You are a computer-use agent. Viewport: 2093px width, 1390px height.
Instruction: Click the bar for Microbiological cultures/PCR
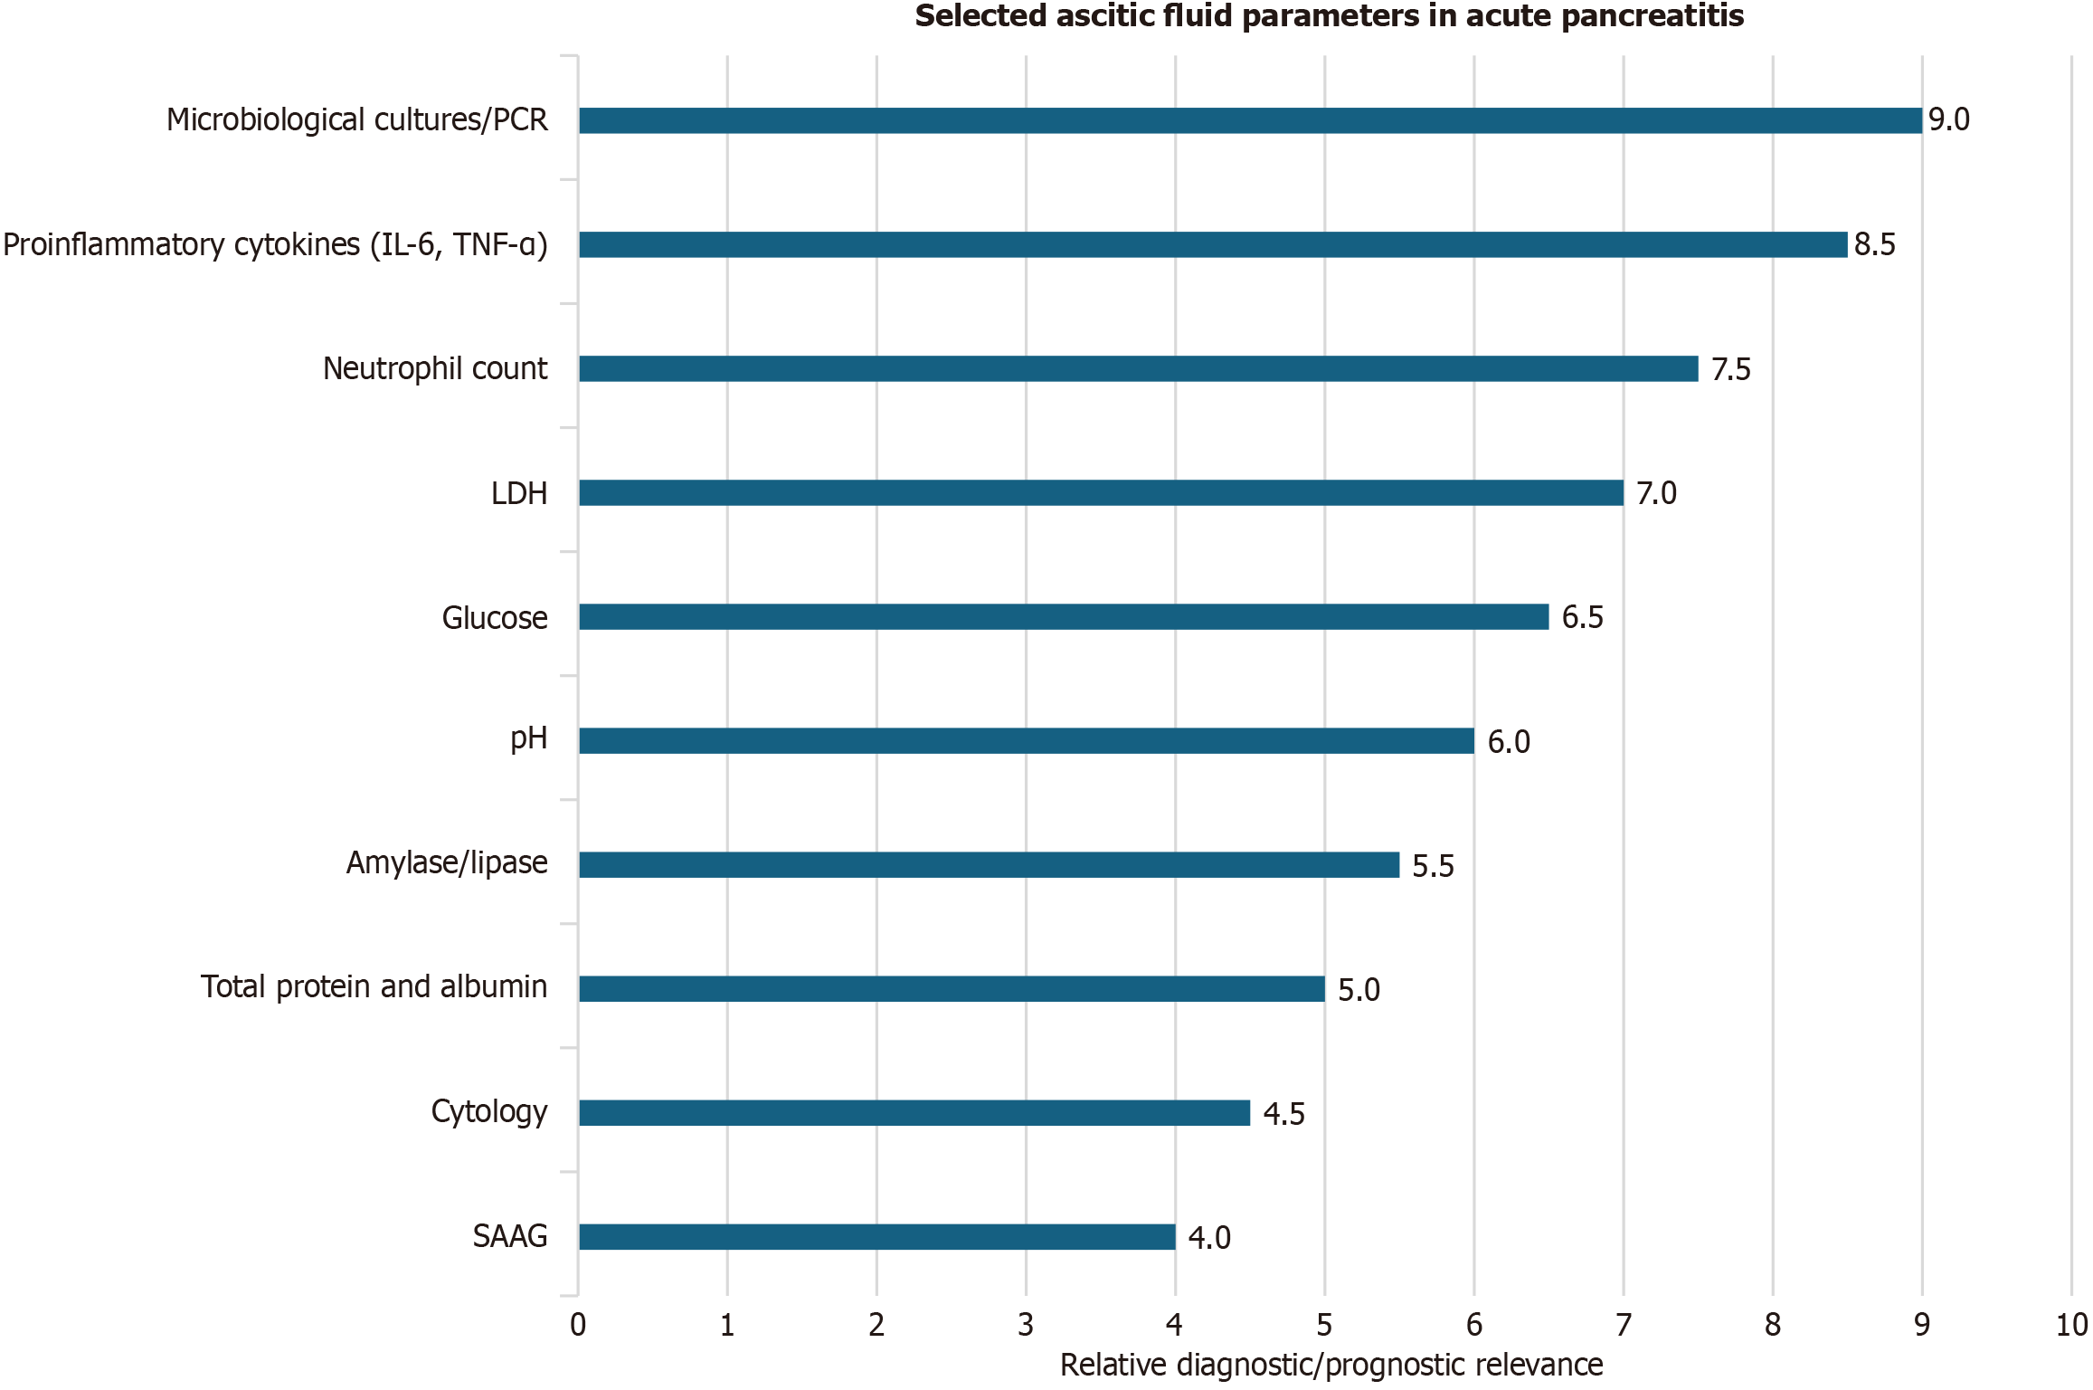tap(1250, 120)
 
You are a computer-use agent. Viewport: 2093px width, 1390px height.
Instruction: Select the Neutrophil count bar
tap(1138, 368)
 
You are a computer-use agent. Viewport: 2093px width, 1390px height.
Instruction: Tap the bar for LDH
tap(1101, 492)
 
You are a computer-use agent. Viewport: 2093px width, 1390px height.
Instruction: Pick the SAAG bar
tap(876, 1236)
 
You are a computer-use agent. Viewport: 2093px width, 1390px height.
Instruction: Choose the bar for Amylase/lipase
tap(989, 864)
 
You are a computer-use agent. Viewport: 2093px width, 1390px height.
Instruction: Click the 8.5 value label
tap(1874, 244)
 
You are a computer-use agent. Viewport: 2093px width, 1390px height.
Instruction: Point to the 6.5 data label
tap(1582, 617)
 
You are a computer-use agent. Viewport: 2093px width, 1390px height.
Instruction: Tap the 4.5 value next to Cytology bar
tap(1283, 1114)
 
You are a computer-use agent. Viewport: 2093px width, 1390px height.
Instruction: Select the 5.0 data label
tap(1359, 990)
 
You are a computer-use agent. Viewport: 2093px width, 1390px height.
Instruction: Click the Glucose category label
tap(495, 617)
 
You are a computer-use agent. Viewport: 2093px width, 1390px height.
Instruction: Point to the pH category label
tap(528, 739)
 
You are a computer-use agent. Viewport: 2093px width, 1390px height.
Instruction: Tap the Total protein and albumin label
tap(374, 986)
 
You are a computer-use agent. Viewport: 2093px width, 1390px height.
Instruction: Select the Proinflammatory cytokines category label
tap(275, 244)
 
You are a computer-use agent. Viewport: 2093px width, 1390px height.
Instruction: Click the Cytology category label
tap(488, 1111)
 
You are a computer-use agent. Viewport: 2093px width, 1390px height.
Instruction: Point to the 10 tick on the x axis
tap(2071, 1325)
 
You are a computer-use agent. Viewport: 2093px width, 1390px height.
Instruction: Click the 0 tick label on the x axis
tap(578, 1325)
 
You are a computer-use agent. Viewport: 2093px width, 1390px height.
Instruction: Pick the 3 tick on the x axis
tap(1026, 1325)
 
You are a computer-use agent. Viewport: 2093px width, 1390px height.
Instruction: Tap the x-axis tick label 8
tap(1773, 1325)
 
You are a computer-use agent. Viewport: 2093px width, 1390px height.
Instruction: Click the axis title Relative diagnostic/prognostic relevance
tap(1331, 1365)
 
